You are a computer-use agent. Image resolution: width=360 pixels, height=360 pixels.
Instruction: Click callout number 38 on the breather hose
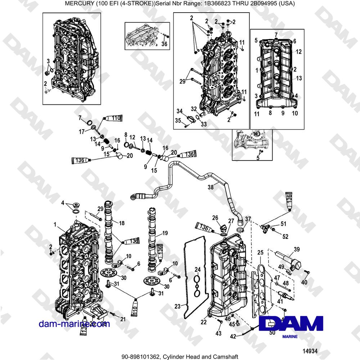[211, 187]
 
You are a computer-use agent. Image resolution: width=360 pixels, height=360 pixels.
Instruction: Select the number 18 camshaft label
[122, 223]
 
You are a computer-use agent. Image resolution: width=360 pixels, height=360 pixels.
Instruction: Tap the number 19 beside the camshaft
[165, 233]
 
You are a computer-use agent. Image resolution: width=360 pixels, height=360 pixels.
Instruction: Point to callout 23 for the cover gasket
[177, 306]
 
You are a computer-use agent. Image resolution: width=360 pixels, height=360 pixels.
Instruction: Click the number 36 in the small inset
[164, 44]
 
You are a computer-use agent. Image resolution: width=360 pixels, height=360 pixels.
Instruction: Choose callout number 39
[297, 249]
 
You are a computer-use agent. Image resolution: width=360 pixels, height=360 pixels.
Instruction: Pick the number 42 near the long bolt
[233, 337]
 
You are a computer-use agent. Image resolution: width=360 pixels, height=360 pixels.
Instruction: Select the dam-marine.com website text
[75, 324]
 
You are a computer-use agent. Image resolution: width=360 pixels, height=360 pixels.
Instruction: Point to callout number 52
[285, 237]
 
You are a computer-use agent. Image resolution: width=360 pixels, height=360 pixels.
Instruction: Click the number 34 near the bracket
[179, 111]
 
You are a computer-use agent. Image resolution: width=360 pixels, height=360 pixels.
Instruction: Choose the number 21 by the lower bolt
[123, 319]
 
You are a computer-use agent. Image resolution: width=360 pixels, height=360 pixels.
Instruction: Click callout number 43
[218, 334]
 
